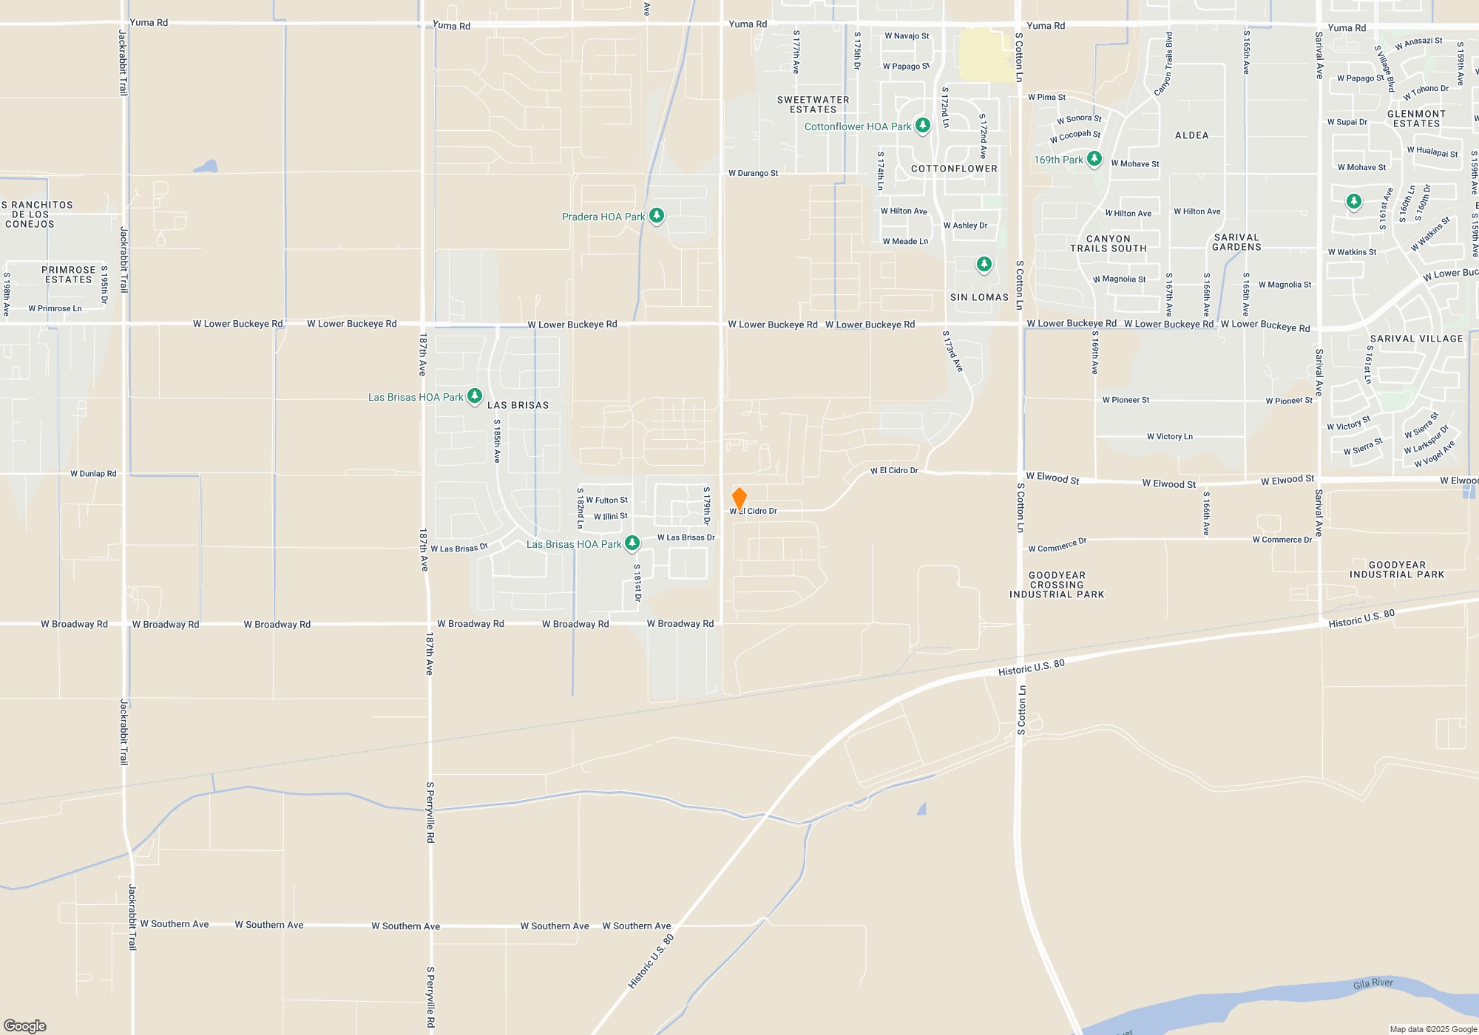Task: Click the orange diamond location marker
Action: [x=739, y=498]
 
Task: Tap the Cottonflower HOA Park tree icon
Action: [x=922, y=126]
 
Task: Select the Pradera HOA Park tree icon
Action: [x=656, y=216]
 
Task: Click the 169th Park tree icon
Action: [x=1094, y=159]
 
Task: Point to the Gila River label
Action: [x=1373, y=983]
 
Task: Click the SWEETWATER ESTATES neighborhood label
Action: [x=813, y=104]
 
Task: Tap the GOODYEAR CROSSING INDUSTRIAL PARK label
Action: [x=1057, y=585]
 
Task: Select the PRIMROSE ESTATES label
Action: [x=69, y=275]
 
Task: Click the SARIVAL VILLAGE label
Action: [x=1416, y=339]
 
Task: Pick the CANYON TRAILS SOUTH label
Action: [x=1108, y=244]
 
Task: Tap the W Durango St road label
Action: [x=753, y=174]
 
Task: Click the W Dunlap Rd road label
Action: [x=93, y=474]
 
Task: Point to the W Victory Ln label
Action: [x=1169, y=437]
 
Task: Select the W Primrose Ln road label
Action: [x=55, y=309]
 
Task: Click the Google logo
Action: [x=25, y=1026]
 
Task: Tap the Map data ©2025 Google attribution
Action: [x=1433, y=1029]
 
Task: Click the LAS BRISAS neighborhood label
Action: [x=518, y=405]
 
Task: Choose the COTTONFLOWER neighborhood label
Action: [x=954, y=169]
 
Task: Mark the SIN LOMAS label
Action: [x=979, y=297]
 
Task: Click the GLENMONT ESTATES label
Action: [x=1416, y=119]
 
